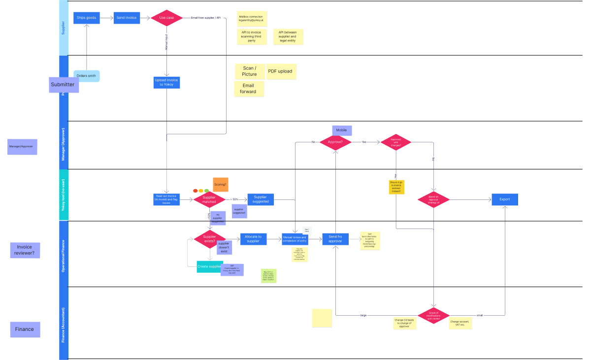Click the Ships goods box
[x=87, y=18]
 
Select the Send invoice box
[x=127, y=18]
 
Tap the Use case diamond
[x=166, y=18]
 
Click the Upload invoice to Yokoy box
[x=166, y=82]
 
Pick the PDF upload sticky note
[x=280, y=71]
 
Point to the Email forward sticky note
[x=248, y=89]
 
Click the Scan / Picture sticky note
[x=249, y=71]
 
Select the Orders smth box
[x=86, y=76]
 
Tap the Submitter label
[x=63, y=85]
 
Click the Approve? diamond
[x=335, y=143]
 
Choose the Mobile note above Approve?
[x=342, y=131]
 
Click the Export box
[x=505, y=199]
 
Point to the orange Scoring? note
[x=220, y=185]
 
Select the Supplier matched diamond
[x=209, y=199]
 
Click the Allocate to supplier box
[x=253, y=239]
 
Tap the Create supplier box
[x=209, y=266]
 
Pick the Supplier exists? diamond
[x=209, y=239]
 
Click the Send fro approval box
[x=335, y=239]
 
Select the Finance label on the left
[x=25, y=329]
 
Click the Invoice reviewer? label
[x=25, y=250]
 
